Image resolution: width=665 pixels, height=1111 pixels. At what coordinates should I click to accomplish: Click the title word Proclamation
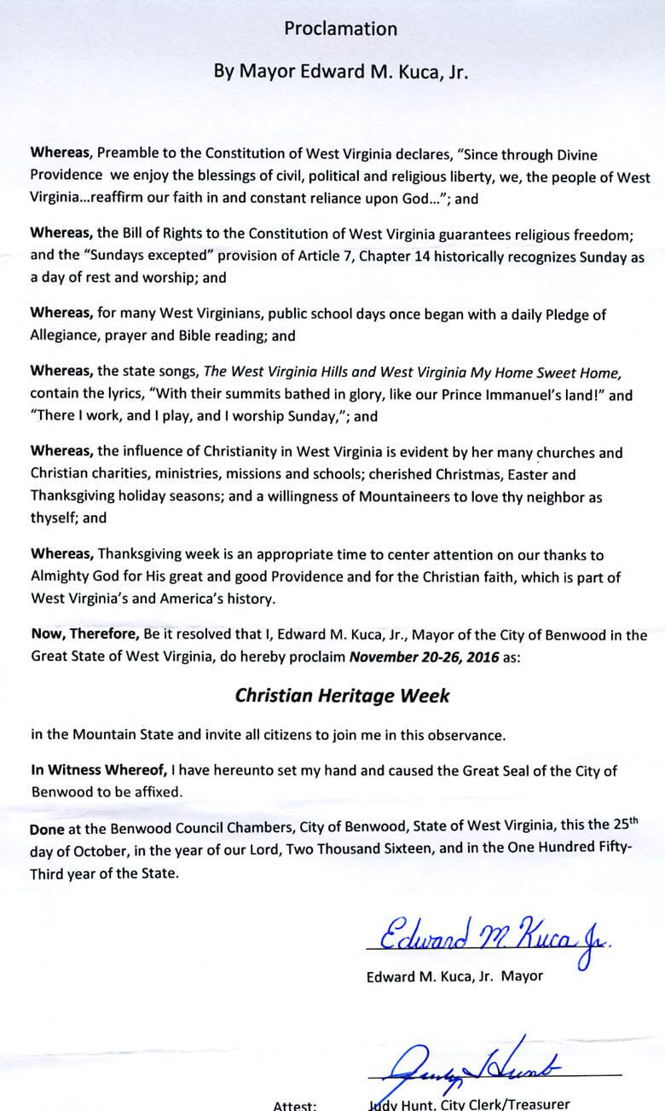(x=340, y=29)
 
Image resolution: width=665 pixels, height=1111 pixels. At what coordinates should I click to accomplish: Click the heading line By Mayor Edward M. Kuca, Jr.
(x=340, y=72)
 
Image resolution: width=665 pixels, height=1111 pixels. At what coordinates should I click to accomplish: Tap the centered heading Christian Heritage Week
(x=342, y=695)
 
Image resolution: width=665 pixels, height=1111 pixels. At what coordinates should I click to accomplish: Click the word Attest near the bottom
(x=295, y=1105)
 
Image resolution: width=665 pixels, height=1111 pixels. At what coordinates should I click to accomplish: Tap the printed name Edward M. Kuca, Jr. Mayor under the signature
(x=454, y=976)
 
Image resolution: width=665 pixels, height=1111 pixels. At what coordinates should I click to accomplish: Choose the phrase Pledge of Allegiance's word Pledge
(x=565, y=315)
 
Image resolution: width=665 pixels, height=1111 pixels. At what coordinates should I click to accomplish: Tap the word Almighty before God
(x=61, y=577)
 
